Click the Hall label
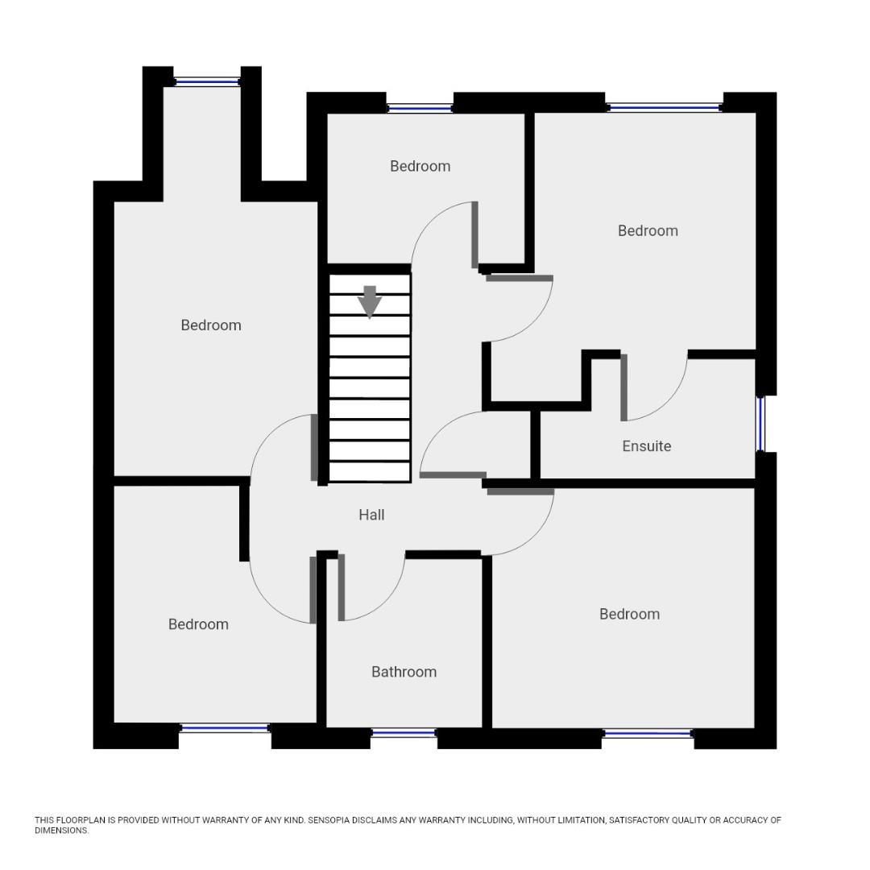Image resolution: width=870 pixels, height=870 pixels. [371, 515]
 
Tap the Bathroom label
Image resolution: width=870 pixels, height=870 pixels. [404, 672]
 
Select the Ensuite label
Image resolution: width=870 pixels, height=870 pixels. [646, 446]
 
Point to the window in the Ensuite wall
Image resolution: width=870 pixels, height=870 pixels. [760, 424]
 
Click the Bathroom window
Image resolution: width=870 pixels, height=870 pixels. [404, 733]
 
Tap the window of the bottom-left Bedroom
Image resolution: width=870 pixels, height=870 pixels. [225, 728]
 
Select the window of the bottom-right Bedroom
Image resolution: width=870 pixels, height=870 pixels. [648, 733]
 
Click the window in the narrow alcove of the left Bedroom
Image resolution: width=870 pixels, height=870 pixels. [207, 81]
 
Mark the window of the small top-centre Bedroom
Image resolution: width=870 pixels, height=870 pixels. [420, 108]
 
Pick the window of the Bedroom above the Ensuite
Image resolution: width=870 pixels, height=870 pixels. [664, 107]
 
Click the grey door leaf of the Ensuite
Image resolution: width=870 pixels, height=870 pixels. [623, 387]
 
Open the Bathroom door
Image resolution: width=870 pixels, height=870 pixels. [342, 587]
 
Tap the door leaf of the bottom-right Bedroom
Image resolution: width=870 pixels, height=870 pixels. [520, 491]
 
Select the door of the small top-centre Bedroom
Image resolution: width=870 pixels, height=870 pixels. [475, 234]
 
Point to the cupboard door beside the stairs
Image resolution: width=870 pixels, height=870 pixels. [453, 475]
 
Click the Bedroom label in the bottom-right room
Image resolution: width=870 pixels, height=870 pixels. [629, 614]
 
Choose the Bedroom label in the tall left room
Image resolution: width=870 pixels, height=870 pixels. [210, 325]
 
